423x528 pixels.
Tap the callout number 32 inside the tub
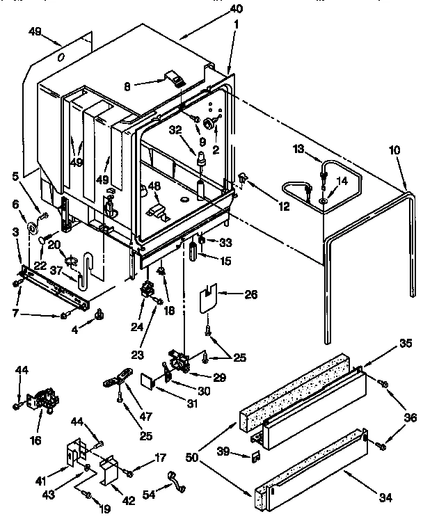click(x=176, y=129)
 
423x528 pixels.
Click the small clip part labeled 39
click(x=255, y=456)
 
